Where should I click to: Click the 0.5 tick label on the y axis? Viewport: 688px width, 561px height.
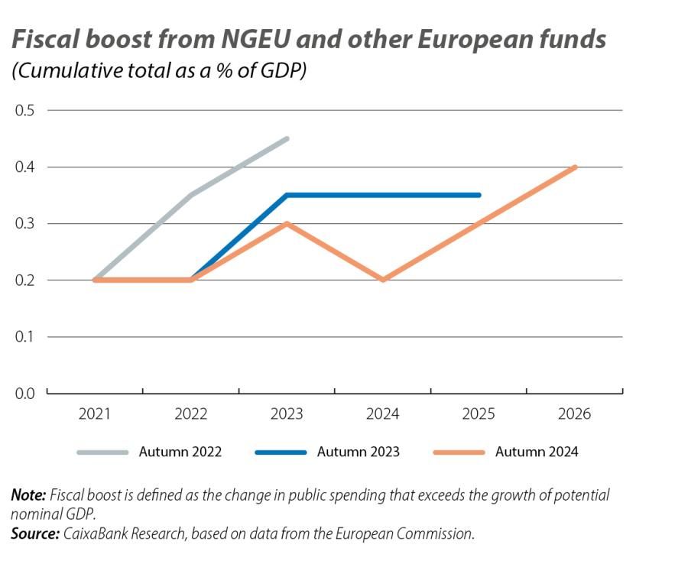click(x=24, y=110)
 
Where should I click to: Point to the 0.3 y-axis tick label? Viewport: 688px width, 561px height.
click(x=24, y=223)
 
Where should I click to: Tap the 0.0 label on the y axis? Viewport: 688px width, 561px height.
click(x=24, y=393)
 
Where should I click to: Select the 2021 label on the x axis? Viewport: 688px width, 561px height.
click(x=95, y=414)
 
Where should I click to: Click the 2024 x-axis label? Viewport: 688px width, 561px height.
click(x=382, y=414)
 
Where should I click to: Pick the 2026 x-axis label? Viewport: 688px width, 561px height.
click(x=574, y=414)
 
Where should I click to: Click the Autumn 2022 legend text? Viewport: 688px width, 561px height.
click(x=180, y=452)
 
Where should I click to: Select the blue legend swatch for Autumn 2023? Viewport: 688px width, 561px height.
click(x=280, y=452)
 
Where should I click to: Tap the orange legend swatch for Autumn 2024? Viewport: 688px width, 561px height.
click(x=459, y=452)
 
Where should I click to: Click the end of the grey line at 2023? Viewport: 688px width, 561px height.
click(x=287, y=138)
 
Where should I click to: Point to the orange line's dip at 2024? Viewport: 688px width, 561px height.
click(x=382, y=280)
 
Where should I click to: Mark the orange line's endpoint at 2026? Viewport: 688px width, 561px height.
click(x=574, y=167)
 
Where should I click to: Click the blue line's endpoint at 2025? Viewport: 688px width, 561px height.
click(x=479, y=195)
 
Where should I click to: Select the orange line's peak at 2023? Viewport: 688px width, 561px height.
click(x=287, y=223)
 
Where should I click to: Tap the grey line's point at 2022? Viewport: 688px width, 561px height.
click(x=191, y=195)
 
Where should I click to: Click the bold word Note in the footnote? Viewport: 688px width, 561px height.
click(x=28, y=495)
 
